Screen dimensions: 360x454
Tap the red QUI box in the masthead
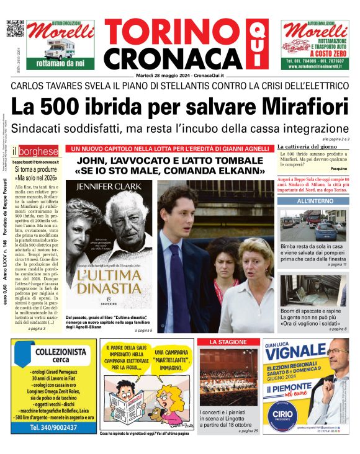coord(254,45)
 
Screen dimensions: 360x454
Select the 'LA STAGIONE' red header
coord(227,342)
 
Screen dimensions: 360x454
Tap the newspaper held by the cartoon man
coord(127,407)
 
